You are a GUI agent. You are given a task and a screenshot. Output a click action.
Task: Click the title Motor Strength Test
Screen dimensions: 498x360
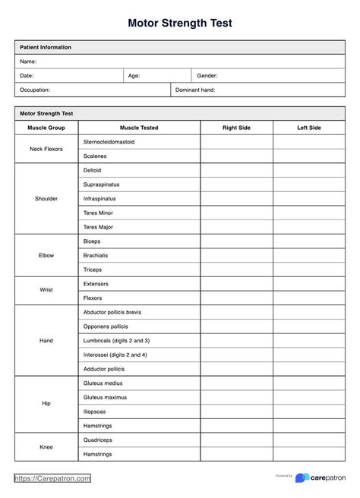(180, 23)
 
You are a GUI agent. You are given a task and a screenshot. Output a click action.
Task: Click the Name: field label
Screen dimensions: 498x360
(28, 61)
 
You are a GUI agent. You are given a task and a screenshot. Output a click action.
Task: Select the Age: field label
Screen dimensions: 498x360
(134, 76)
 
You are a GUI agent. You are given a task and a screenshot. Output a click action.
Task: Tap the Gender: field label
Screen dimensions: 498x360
(207, 76)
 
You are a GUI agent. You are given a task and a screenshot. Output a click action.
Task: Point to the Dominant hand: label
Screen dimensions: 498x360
(195, 90)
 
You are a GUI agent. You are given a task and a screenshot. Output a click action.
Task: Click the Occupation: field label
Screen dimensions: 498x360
(35, 90)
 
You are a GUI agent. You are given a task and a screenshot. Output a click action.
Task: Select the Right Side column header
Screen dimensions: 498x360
(236, 128)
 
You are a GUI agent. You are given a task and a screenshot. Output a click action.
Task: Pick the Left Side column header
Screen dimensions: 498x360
(309, 128)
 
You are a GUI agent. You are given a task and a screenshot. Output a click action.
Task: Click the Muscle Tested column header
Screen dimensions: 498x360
(139, 128)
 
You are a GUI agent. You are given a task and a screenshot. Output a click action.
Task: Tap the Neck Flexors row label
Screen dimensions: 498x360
(46, 149)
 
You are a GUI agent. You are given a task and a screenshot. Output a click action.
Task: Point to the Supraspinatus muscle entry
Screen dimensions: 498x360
(101, 184)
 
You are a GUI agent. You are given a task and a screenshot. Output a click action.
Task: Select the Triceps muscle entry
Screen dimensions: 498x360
(92, 269)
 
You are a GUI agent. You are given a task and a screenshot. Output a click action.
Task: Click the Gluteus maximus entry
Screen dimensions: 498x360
(105, 397)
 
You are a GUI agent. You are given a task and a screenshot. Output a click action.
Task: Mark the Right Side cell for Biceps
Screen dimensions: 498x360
(236, 241)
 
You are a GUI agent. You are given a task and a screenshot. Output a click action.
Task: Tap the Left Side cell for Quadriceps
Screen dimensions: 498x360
(309, 440)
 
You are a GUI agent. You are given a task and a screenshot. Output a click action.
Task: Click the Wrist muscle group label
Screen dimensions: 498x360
(46, 291)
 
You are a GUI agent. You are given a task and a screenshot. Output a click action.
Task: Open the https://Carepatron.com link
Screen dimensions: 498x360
(53, 479)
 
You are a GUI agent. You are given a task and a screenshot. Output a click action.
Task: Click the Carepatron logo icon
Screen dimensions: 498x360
(302, 478)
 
